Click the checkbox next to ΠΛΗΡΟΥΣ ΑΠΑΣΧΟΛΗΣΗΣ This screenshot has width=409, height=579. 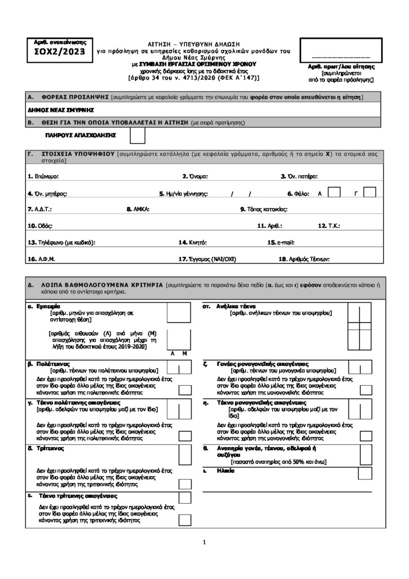coord(137,136)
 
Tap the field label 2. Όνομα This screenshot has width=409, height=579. coord(195,176)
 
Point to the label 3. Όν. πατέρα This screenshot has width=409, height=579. coord(299,176)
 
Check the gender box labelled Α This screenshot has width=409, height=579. coord(334,192)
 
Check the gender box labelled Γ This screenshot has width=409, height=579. coord(369,192)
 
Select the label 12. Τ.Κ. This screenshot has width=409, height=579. coord(329,226)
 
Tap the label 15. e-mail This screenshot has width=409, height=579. coord(281,243)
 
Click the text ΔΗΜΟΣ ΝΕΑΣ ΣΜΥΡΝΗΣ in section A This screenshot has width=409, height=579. coord(60,110)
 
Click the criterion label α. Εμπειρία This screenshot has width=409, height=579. coord(40,306)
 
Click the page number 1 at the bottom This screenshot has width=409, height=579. coord(204,543)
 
